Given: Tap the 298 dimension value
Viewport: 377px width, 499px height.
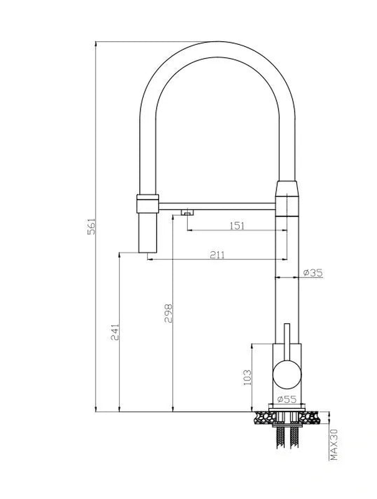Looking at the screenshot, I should [x=167, y=313].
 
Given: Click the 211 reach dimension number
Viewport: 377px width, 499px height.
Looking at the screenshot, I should [x=217, y=254].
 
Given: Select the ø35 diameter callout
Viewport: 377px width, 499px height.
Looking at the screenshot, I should [x=312, y=273].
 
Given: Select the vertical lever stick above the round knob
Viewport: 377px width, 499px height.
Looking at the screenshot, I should [x=286, y=341].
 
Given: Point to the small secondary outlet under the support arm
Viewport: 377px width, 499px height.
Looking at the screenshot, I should [x=186, y=213].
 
